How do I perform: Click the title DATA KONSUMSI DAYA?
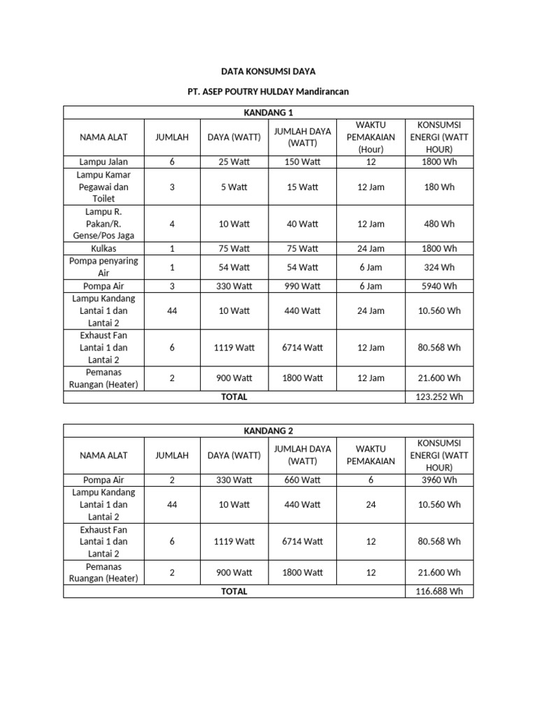pos(268,71)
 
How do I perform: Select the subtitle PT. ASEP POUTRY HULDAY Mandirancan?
pos(268,92)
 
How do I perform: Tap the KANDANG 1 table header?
pos(268,113)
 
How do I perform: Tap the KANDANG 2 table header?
pos(268,431)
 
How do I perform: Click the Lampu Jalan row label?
pos(103,162)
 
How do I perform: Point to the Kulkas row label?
pos(103,248)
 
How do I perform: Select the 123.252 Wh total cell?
pos(440,397)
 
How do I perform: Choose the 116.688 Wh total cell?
pos(440,591)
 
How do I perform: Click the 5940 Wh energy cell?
pos(440,286)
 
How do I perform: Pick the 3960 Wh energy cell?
pos(440,480)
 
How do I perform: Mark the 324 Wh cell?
pos(440,267)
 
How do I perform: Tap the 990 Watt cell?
pos(303,286)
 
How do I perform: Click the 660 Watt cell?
pos(303,480)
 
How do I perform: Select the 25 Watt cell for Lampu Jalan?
pos(234,162)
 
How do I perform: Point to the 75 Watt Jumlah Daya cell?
pos(303,248)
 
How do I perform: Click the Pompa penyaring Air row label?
pos(103,267)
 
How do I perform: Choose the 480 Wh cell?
pos(440,224)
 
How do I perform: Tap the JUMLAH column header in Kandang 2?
pos(172,455)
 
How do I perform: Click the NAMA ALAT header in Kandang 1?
pos(103,137)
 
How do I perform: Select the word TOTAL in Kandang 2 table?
pos(234,591)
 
